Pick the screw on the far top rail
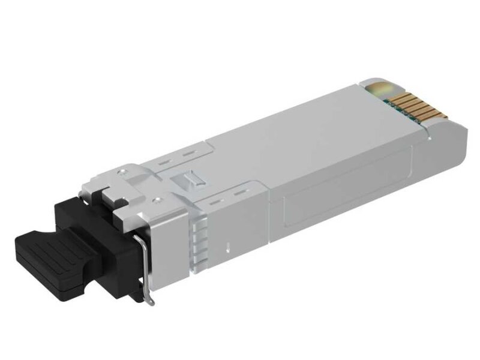(x=122, y=172)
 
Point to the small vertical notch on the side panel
(x=229, y=246)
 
